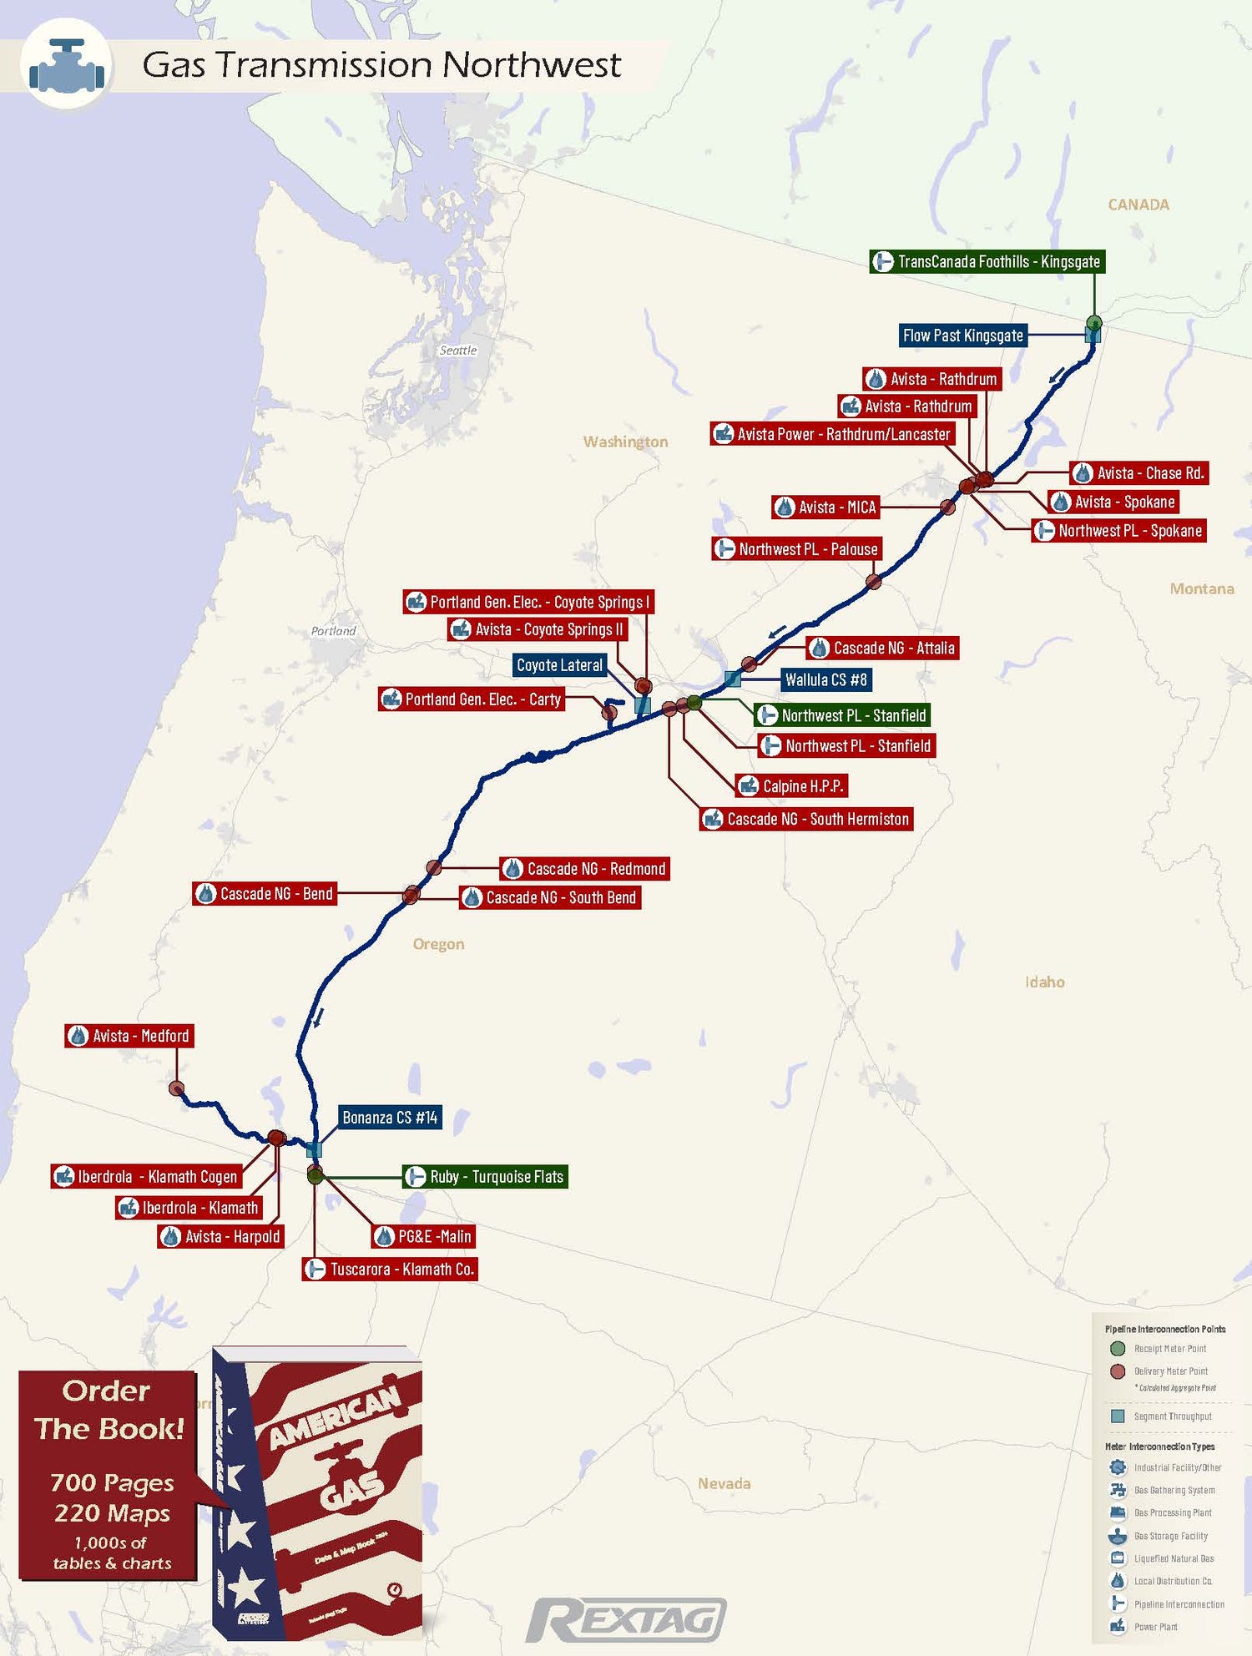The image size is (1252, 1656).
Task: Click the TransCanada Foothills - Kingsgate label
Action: tap(987, 262)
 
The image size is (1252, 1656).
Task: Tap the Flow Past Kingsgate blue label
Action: tap(962, 336)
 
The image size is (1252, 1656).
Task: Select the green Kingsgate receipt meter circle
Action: tap(1094, 323)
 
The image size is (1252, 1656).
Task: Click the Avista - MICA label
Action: tap(825, 507)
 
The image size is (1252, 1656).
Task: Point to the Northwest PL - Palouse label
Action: tap(797, 549)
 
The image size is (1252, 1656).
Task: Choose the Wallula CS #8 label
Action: tap(825, 680)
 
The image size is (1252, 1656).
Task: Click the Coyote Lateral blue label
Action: tap(559, 665)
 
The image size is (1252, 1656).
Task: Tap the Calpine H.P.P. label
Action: tap(791, 786)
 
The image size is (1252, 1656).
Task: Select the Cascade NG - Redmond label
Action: tap(585, 869)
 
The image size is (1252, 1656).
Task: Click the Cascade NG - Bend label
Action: tap(265, 894)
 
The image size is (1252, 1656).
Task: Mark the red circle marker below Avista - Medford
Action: tap(176, 1088)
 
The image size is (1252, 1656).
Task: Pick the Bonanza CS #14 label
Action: tap(390, 1118)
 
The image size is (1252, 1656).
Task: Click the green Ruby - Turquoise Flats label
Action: tap(485, 1177)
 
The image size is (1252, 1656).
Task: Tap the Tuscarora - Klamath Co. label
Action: tap(390, 1270)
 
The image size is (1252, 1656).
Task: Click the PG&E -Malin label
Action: tap(423, 1237)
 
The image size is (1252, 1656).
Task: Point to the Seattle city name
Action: tap(458, 351)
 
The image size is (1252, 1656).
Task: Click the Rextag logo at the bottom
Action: tap(626, 1620)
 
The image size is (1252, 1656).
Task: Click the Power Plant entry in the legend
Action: tap(1156, 1626)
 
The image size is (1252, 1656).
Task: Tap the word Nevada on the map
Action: tap(724, 1483)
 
